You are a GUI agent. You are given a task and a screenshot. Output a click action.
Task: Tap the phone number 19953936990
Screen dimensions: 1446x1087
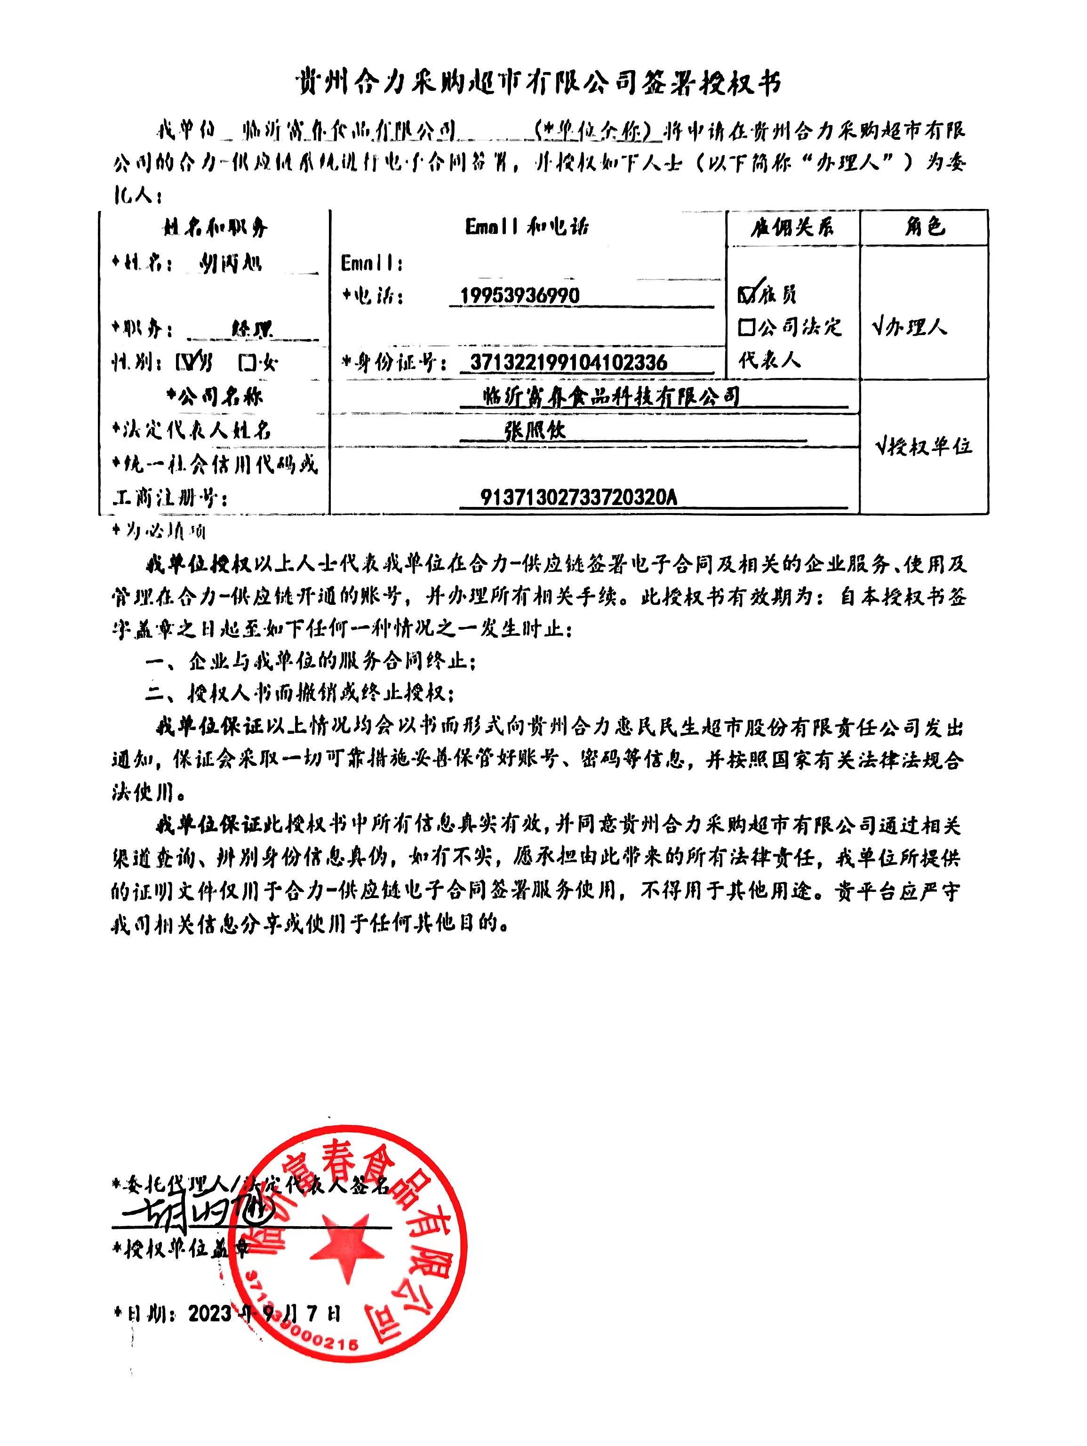click(x=520, y=296)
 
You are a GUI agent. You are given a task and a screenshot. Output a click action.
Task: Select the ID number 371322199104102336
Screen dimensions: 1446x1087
click(x=568, y=362)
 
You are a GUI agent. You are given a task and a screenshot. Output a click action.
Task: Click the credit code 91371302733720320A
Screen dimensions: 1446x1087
click(x=578, y=498)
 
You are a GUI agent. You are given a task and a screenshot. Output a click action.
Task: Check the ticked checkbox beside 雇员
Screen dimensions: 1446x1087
click(x=746, y=295)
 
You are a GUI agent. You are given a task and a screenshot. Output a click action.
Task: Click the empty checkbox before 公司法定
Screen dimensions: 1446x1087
click(x=746, y=327)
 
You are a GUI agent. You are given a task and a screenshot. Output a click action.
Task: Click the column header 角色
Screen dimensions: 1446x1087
click(x=924, y=227)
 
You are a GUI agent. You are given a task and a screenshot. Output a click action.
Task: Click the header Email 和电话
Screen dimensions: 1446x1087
click(x=527, y=227)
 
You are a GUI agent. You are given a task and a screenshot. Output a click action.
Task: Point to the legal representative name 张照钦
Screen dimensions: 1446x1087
click(x=535, y=430)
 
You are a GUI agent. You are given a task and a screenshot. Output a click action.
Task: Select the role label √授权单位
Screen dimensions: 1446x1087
click(x=923, y=447)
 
